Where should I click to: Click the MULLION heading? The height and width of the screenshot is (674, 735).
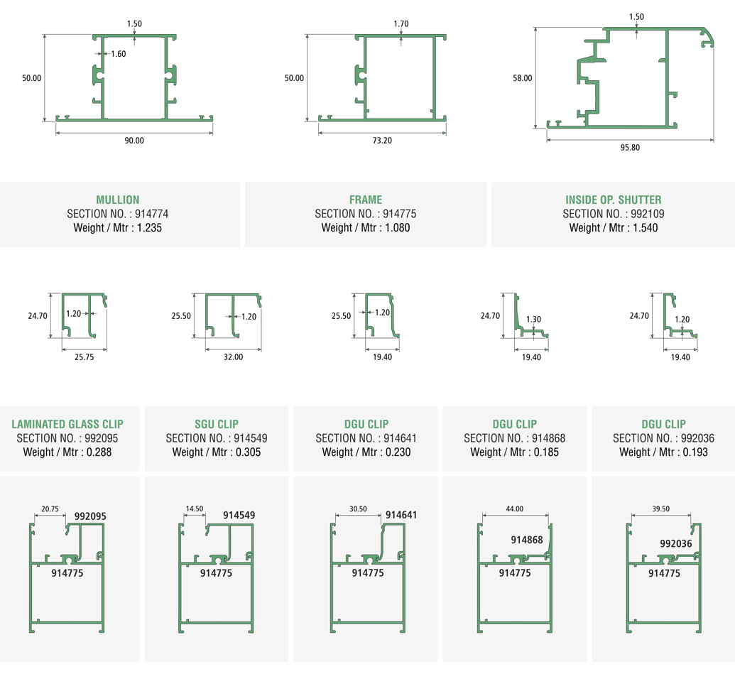[118, 200]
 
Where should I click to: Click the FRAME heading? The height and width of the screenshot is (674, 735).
[366, 200]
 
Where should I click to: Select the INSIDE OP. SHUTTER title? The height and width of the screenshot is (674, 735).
[614, 200]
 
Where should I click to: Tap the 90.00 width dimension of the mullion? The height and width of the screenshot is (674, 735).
[134, 141]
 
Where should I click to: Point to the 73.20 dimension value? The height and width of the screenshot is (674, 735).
[382, 141]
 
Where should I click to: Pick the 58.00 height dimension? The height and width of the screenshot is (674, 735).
[522, 78]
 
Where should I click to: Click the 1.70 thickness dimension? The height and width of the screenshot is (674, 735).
[401, 24]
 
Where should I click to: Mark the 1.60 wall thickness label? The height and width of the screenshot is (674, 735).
[118, 54]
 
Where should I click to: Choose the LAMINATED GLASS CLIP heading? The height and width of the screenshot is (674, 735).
[67, 424]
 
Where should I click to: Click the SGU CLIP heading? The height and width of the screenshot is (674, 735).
[217, 424]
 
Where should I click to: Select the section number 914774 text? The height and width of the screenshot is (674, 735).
[118, 214]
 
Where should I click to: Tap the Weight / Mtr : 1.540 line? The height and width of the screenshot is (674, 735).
[614, 228]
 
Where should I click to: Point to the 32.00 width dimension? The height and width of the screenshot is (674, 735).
[233, 357]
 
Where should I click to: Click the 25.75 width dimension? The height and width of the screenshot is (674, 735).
[84, 357]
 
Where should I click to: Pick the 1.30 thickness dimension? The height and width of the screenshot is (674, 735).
[534, 320]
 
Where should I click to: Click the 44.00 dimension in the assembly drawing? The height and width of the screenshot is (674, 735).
[515, 509]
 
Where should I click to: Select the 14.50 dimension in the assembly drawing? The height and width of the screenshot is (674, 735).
[193, 509]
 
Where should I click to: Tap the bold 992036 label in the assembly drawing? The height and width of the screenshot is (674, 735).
[676, 543]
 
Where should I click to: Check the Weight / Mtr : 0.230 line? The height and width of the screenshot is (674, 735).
[366, 452]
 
